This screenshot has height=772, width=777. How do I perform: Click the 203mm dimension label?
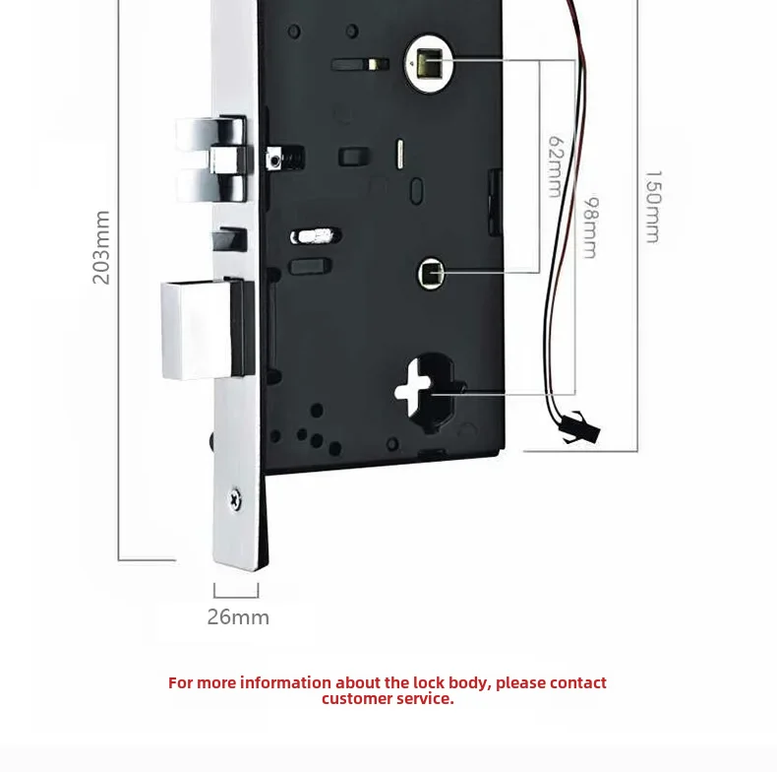pos(101,247)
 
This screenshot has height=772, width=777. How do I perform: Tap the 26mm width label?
pos(238,617)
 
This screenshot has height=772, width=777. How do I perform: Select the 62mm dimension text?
pos(556,165)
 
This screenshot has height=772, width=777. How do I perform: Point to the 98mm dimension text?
pos(590,227)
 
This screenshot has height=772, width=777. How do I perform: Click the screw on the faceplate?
pos(233,499)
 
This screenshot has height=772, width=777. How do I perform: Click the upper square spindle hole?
pos(428,65)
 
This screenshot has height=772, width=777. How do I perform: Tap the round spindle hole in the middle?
pos(430,273)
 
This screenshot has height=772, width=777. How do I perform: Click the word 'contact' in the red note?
pos(578,682)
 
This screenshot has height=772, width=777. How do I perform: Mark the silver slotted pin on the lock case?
pos(314,236)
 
